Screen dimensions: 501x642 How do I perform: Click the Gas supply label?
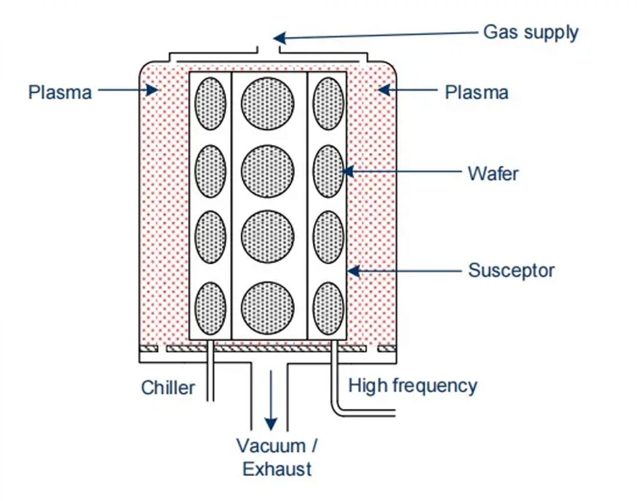(530, 33)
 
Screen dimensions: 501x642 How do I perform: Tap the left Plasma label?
(60, 92)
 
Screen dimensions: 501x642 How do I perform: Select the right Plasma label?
(476, 92)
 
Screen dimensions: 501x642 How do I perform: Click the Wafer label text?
(493, 173)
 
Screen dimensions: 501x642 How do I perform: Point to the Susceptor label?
(511, 271)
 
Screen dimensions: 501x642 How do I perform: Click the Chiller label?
(168, 387)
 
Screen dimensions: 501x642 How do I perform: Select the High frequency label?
(413, 385)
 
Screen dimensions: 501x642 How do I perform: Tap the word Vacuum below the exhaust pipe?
(271, 446)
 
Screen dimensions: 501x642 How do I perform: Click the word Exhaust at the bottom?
(277, 469)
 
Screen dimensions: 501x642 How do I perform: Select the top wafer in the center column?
(267, 104)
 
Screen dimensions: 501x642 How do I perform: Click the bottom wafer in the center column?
(267, 308)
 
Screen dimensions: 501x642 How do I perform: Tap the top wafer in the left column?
(211, 104)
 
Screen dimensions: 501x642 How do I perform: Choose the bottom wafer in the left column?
(211, 308)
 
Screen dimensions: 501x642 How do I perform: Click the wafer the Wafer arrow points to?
(328, 171)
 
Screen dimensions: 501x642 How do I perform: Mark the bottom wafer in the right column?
(328, 308)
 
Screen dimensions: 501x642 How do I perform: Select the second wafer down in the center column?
(267, 171)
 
